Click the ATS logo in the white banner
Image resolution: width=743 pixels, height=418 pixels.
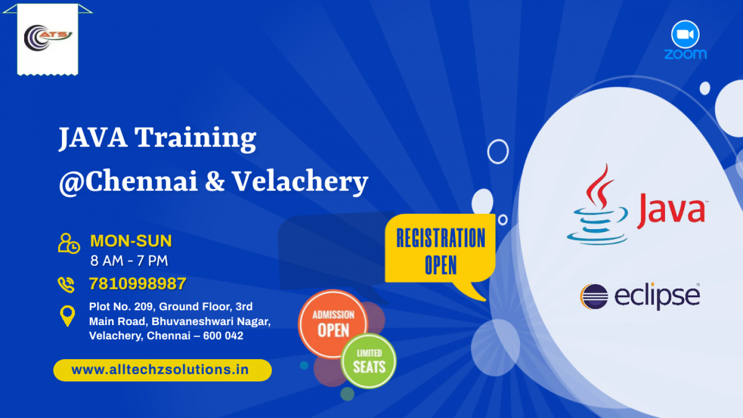48,37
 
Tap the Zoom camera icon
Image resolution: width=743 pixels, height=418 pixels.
685,35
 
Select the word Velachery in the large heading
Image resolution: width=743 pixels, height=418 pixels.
300,182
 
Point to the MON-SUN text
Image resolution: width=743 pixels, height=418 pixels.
131,241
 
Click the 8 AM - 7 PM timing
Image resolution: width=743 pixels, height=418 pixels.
130,261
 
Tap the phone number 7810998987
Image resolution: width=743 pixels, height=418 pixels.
138,284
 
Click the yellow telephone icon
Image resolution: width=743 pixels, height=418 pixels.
66,285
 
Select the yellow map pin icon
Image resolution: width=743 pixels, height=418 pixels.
67,316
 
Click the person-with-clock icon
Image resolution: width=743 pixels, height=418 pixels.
69,244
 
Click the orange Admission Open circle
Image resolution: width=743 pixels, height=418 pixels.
333,324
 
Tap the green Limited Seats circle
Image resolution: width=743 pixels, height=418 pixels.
369,361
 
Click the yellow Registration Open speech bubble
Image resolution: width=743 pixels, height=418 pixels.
440,251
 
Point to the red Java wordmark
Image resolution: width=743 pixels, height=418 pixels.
671,211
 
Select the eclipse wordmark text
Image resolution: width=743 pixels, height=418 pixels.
657,296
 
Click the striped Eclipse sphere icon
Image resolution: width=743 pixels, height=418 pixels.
594,297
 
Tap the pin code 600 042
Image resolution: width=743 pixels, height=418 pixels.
223,336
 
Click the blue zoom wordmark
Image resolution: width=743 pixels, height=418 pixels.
685,54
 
